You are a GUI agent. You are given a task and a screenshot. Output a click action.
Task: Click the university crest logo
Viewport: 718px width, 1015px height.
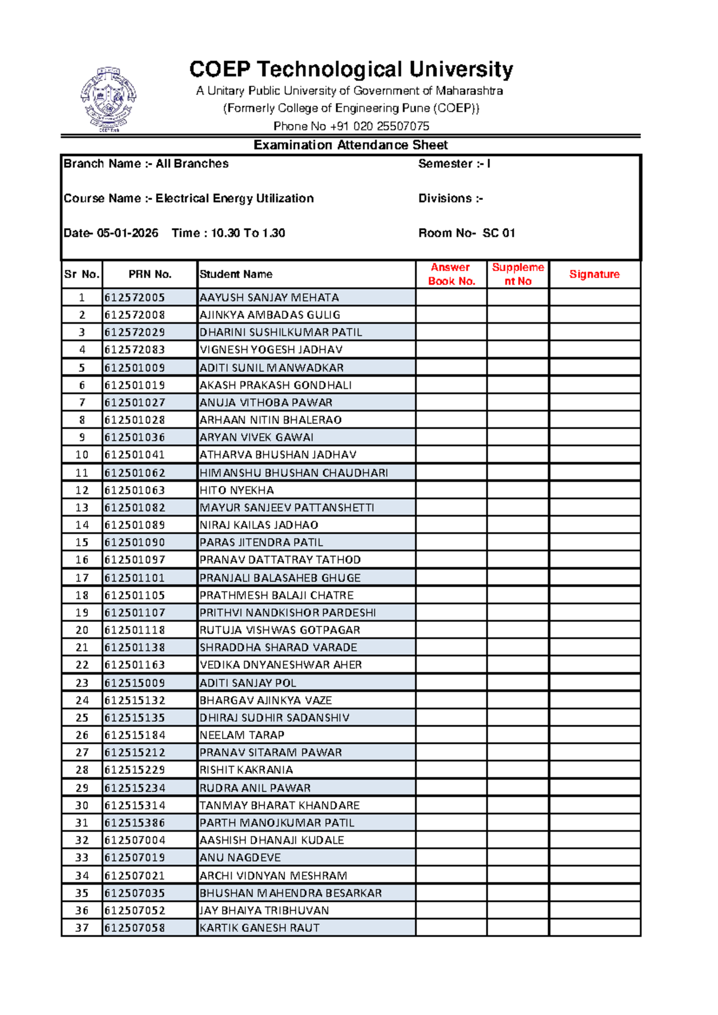108,99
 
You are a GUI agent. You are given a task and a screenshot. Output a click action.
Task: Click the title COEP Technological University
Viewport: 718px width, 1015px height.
351,69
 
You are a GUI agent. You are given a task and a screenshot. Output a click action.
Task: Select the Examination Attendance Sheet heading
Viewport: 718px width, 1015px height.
351,145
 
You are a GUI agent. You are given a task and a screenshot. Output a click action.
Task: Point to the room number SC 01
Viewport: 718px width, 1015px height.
498,233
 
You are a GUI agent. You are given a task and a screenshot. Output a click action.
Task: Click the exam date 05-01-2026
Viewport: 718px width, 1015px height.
127,233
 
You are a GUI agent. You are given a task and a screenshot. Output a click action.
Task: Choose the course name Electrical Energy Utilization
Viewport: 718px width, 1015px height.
235,199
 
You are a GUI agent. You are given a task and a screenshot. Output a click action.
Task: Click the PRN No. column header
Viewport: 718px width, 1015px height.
150,275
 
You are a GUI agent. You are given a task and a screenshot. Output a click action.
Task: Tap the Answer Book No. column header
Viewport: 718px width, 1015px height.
451,274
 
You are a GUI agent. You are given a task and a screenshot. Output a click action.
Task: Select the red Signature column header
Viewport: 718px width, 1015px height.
594,275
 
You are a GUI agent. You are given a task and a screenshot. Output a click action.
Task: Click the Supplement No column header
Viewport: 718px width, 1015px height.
518,274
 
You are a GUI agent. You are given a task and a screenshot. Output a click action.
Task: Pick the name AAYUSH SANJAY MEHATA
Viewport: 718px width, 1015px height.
269,297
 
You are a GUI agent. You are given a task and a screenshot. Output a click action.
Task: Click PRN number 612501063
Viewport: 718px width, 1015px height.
135,490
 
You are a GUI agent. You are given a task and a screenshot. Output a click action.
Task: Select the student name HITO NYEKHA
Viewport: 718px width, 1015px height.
236,490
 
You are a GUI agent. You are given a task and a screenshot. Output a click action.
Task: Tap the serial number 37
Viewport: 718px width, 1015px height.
82,928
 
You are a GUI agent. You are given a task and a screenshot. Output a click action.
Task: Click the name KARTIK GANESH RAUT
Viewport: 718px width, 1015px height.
260,928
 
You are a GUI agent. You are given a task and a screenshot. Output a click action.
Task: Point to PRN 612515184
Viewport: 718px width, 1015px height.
135,735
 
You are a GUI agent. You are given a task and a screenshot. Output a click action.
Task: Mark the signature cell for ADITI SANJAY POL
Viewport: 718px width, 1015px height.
594,683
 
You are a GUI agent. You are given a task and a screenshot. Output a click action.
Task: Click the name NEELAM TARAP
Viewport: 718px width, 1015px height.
242,735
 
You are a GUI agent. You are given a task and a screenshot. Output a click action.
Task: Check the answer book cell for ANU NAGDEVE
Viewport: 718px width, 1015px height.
451,858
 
